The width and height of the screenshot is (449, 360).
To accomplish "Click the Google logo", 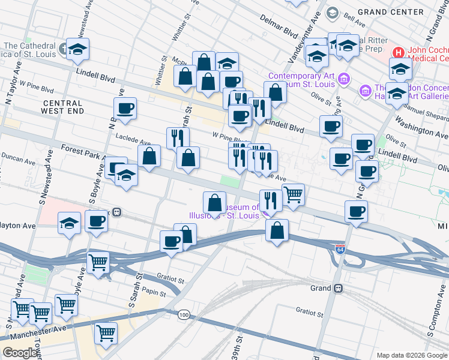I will pyautogui.click(x=20, y=353).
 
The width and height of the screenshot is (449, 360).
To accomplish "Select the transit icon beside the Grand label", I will pyautogui.click(x=339, y=288).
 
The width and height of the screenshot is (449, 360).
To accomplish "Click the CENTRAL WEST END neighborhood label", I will pyautogui.click(x=62, y=107).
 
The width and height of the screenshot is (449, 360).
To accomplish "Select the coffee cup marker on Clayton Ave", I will pyautogui.click(x=96, y=221).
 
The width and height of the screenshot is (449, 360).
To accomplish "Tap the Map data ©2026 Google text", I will pyautogui.click(x=412, y=355).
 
